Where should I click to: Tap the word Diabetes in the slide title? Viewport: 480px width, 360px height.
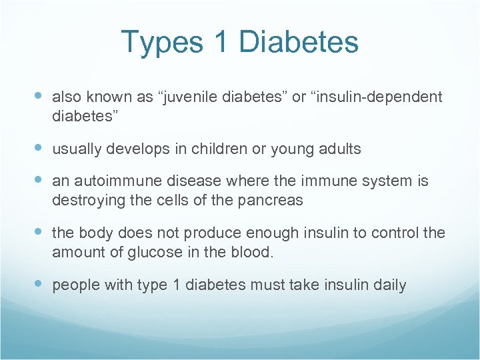(x=298, y=43)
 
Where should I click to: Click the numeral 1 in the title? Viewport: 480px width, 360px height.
(x=222, y=43)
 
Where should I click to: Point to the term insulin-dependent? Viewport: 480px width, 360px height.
(x=379, y=97)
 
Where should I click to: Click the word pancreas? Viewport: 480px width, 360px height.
(x=275, y=199)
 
